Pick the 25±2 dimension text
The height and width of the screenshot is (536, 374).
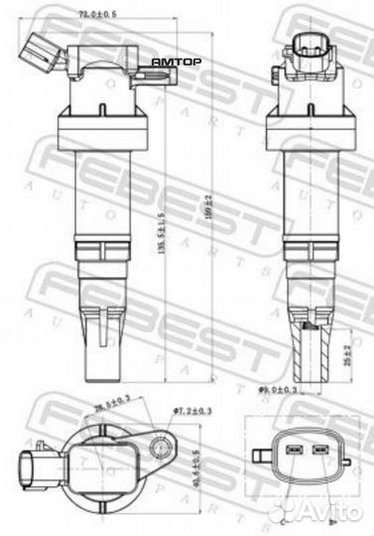345,351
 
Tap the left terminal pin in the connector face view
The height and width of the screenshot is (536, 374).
293,453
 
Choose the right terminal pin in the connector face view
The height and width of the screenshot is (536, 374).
320,453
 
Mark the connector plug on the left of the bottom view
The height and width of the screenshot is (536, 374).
30,462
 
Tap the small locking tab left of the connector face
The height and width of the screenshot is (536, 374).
262,454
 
